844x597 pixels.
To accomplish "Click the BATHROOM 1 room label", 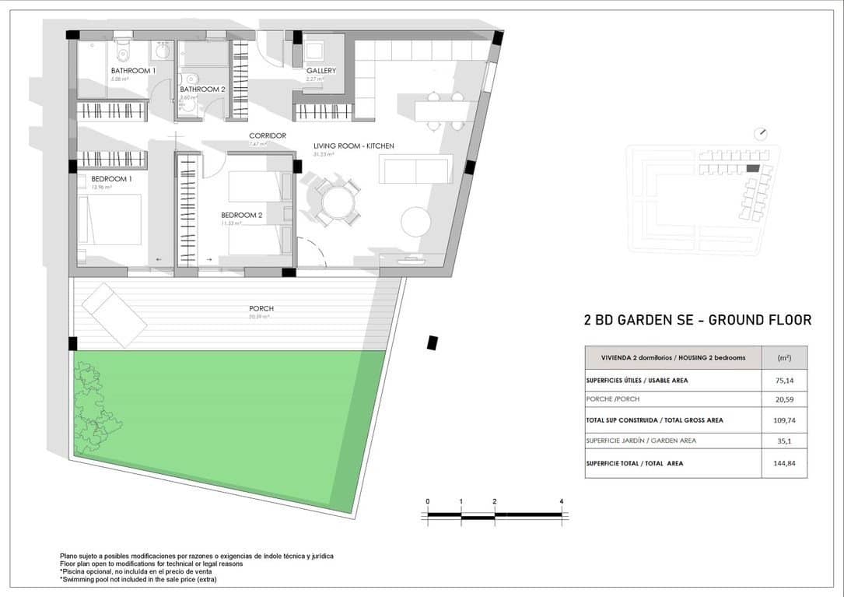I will point(133,71).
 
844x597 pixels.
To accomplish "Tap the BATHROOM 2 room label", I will point(202,90).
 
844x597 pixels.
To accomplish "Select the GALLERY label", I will point(320,71).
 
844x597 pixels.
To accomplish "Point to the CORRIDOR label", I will point(267,135).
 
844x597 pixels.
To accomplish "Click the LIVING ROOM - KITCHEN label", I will point(353,146).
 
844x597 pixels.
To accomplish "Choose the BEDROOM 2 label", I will point(241,215).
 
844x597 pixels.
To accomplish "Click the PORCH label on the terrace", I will point(261,309).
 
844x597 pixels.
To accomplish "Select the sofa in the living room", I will point(415,169).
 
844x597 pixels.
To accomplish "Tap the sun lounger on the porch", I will point(114,314).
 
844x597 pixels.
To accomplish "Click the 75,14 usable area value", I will point(784,381).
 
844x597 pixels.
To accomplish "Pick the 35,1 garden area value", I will point(784,441).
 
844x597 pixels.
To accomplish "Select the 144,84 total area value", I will point(784,463).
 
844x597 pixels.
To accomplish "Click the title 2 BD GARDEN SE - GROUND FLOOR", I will point(697,320).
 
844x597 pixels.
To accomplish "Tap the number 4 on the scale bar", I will point(561,501).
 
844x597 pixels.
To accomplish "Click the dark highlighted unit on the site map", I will point(752,168).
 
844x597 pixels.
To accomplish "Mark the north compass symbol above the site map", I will point(763,132).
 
